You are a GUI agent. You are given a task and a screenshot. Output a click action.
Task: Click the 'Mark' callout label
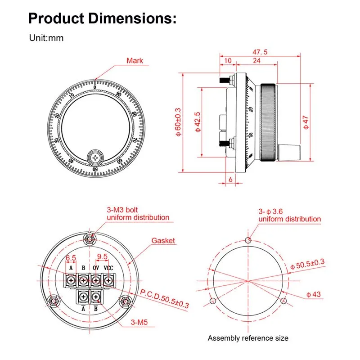click(135, 61)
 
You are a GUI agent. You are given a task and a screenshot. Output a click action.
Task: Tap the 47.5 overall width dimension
click(260, 52)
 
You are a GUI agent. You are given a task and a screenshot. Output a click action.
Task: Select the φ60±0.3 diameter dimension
click(178, 122)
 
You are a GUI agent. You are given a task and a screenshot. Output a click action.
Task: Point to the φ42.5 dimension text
click(198, 122)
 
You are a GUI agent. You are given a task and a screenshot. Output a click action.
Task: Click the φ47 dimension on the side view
click(306, 122)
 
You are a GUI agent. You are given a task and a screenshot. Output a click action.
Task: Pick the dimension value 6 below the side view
click(230, 179)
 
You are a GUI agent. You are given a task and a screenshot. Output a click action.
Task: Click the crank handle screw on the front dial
click(95, 158)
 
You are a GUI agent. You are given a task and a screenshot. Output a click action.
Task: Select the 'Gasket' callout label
click(163, 241)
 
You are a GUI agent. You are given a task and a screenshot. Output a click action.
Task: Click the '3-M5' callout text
click(139, 322)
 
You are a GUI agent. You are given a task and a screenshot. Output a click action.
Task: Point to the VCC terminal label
click(108, 268)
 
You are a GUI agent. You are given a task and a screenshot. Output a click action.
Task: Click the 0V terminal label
click(96, 268)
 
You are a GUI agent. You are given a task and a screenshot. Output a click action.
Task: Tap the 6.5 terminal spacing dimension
click(71, 258)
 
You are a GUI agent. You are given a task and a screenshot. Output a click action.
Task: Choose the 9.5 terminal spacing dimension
click(102, 256)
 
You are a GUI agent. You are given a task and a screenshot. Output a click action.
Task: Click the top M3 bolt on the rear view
click(90, 240)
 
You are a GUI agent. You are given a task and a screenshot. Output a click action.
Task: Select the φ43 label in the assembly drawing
click(313, 294)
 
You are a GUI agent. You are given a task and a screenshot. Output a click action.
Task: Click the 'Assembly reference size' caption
click(248, 338)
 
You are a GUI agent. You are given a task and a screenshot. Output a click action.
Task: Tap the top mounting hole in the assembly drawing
click(248, 240)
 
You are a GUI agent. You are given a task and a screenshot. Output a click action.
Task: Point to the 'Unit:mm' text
click(46, 38)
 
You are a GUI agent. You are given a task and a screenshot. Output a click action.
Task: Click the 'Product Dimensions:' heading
click(103, 18)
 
